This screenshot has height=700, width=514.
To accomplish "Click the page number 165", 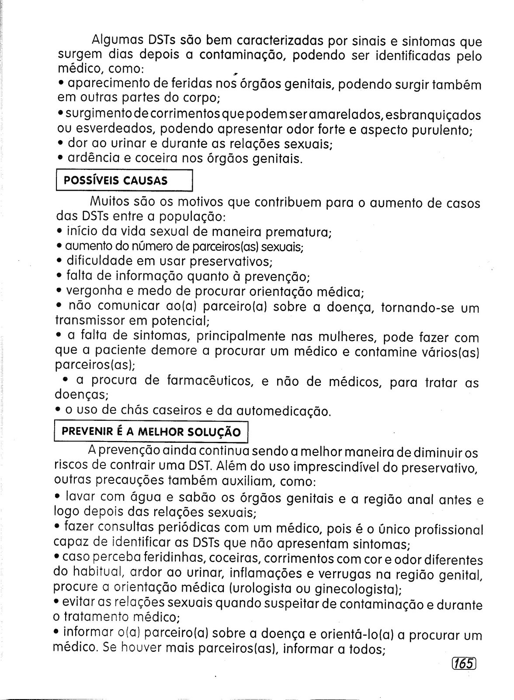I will point(463,663).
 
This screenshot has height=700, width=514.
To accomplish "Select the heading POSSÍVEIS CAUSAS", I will point(116,181).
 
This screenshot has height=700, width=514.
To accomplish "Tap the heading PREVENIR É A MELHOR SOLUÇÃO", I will point(151,432).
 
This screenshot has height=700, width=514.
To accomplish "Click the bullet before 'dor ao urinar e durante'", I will point(60,143).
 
